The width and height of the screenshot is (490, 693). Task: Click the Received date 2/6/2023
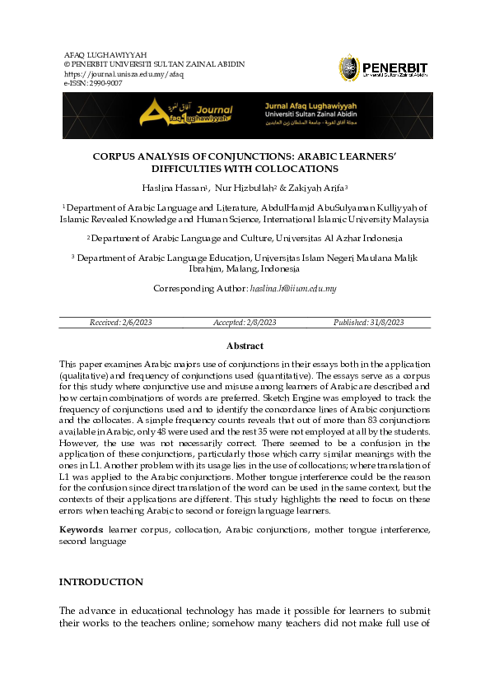pos(120,323)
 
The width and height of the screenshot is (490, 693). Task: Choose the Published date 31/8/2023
pos(368,323)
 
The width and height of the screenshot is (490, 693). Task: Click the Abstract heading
pos(245,346)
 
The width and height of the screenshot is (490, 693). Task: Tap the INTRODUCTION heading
pos(100,582)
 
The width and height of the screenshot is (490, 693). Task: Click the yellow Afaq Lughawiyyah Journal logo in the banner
pos(187,115)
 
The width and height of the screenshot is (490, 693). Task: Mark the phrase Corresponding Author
pos(199,289)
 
